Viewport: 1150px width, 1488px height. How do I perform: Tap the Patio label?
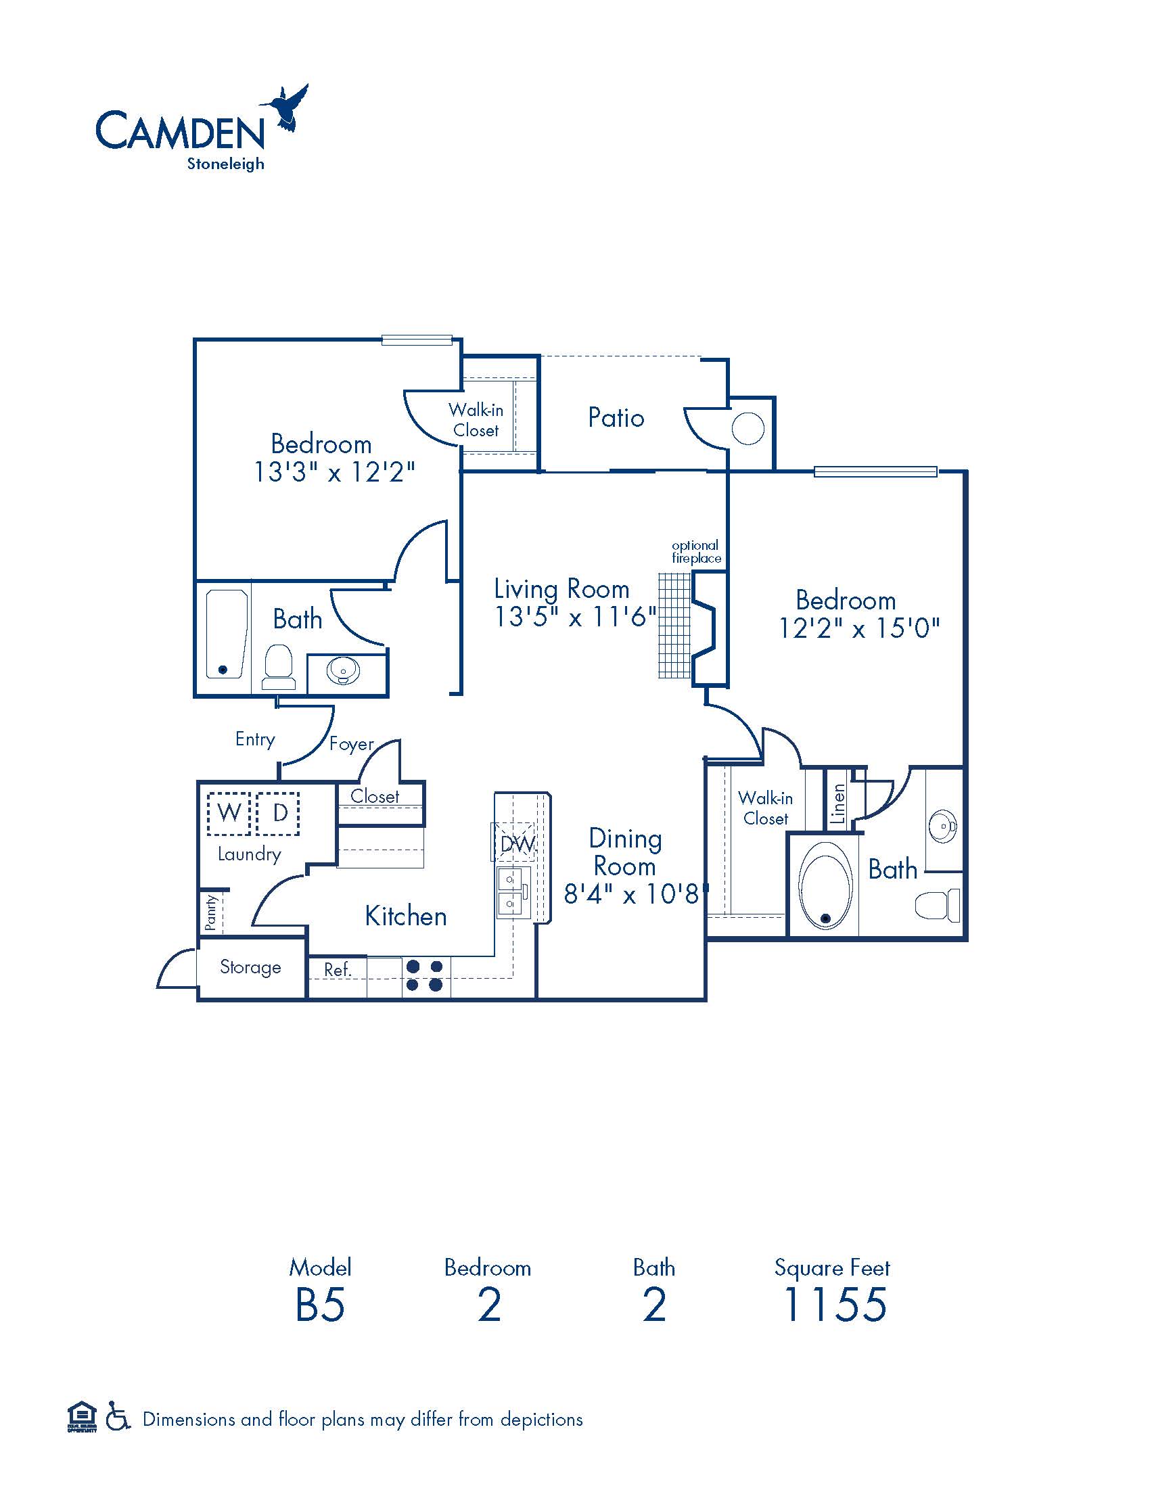coord(616,417)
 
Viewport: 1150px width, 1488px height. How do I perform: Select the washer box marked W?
coord(229,813)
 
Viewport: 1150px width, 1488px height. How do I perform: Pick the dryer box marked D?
coord(279,813)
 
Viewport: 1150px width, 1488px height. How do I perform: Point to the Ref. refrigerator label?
coord(338,969)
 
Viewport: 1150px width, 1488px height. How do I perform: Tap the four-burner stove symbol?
coord(425,975)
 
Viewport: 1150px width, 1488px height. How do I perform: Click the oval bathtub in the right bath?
coord(825,886)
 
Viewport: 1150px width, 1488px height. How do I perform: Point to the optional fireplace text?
coord(695,551)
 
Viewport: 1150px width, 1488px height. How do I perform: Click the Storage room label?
coord(250,967)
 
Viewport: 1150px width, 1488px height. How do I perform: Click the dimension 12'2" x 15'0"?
coord(858,628)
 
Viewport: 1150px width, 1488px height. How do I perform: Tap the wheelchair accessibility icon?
coord(118,1419)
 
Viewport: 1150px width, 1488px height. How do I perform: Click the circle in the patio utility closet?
coord(747,429)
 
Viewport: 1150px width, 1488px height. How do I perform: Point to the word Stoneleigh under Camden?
coord(225,164)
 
